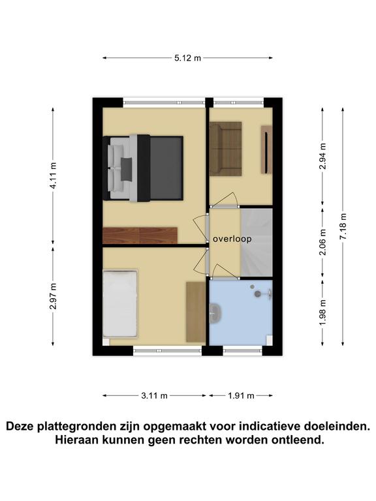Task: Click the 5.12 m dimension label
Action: tap(188, 58)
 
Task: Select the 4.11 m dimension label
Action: tap(54, 175)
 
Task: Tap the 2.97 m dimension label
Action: tap(54, 296)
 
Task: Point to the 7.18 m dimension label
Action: tap(343, 226)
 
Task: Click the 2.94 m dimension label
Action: tap(322, 156)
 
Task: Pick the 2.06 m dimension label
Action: tap(322, 242)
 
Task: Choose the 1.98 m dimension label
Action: tap(322, 312)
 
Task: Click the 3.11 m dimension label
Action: tap(155, 395)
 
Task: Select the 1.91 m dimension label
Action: tap(241, 395)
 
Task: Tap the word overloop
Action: tap(232, 239)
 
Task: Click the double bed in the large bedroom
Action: tap(143, 168)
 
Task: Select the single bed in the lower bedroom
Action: tap(120, 303)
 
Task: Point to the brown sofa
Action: tap(225, 149)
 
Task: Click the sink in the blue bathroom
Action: tap(215, 312)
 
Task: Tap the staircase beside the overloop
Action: tap(257, 243)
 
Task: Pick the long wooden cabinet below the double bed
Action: tap(140, 235)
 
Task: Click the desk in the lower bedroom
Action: tap(196, 312)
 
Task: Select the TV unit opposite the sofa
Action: tap(266, 149)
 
